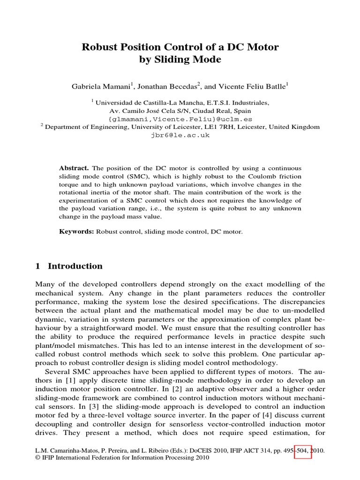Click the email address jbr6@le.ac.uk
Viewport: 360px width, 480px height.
click(180, 135)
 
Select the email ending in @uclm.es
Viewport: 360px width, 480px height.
click(180, 119)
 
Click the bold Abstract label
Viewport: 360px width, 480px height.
click(74, 168)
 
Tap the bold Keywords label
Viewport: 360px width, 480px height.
click(76, 232)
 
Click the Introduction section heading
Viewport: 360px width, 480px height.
click(75, 266)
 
